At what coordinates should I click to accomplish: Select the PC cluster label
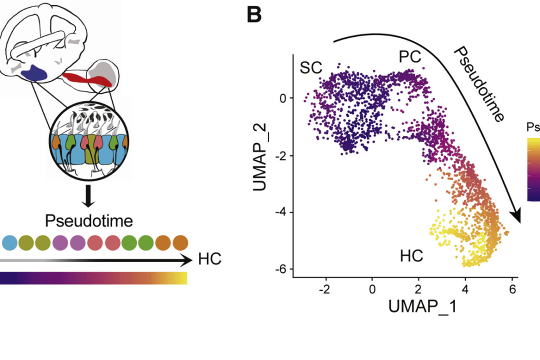click(409, 57)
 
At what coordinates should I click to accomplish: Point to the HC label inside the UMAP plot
click(411, 256)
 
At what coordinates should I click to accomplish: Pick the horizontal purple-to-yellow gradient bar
click(93, 278)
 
